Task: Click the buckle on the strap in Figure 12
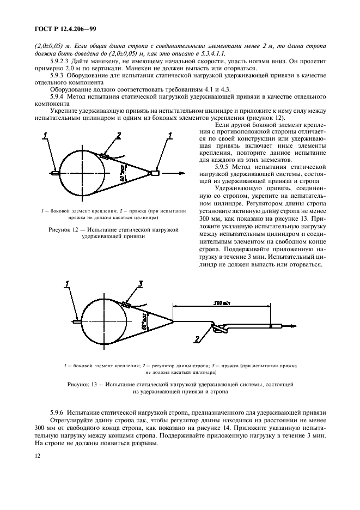tap(105, 156)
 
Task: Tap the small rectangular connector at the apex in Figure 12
tap(156, 173)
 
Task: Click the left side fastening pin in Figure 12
tap(56, 174)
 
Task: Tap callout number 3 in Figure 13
tap(140, 283)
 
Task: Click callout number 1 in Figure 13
tap(67, 283)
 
